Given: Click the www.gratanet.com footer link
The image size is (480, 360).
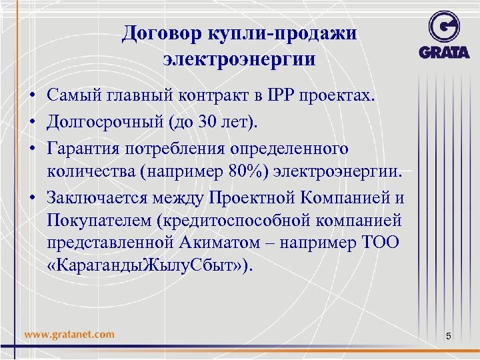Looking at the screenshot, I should pos(69,334).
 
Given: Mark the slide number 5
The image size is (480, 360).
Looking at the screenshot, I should pos(448,337).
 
